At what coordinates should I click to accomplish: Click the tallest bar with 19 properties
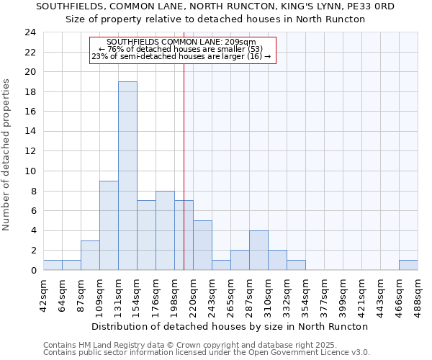[127, 176]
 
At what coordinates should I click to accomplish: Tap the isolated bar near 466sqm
[408, 265]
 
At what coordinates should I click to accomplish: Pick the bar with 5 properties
[202, 245]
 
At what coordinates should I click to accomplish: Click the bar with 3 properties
[90, 255]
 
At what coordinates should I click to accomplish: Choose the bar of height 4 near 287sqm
[258, 250]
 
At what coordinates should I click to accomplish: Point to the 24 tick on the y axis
[30, 32]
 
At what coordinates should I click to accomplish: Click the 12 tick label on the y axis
[30, 151]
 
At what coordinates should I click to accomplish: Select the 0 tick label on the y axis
[33, 270]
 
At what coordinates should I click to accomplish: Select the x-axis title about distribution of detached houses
[230, 326]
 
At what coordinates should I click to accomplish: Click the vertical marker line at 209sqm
[184, 166]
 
